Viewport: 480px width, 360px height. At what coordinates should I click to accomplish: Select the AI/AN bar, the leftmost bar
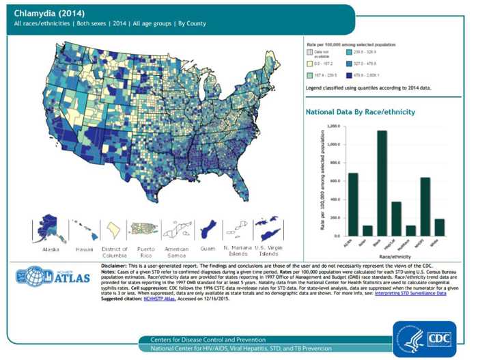click(x=353, y=204)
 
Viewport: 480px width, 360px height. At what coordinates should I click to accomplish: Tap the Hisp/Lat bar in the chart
click(x=397, y=219)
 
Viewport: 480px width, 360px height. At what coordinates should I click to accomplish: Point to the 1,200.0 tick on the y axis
click(x=331, y=126)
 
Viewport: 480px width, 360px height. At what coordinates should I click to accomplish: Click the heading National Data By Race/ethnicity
click(x=360, y=111)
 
